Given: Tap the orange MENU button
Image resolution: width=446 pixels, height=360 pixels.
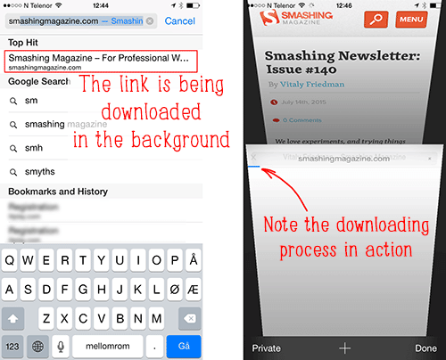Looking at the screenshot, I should point(411,19).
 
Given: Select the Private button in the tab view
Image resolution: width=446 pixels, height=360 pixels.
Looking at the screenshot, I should point(267,348).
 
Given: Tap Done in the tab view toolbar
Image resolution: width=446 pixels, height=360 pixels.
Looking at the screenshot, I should point(425,348).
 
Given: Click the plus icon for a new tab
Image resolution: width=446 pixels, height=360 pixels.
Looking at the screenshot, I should point(345,348).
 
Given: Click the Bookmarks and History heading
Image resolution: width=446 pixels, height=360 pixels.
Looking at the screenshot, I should point(58,192).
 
